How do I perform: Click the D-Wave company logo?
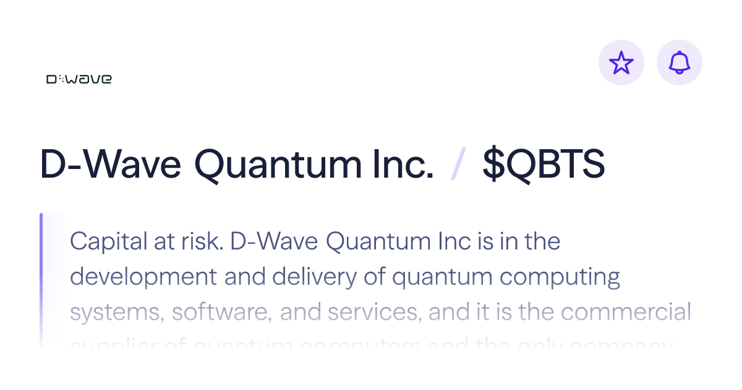[x=79, y=79]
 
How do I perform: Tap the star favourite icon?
[x=621, y=63]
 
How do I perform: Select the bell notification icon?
[x=680, y=63]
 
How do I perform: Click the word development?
[x=143, y=277]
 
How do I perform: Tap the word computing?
[x=560, y=277]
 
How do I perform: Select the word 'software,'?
[x=222, y=313]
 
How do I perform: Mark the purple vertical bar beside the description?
[x=41, y=272]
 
